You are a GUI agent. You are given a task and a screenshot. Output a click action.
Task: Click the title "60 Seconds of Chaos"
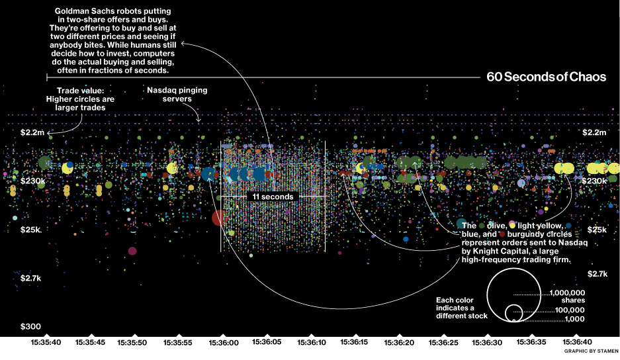(x=546, y=77)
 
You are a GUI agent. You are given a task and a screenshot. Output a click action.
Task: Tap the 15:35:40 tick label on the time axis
(x=46, y=343)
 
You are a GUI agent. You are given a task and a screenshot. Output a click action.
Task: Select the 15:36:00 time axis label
(x=222, y=343)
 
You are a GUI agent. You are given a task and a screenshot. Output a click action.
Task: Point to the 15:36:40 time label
(x=576, y=343)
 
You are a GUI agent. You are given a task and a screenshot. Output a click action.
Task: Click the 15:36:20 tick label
(x=399, y=343)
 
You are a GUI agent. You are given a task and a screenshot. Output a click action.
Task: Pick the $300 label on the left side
(x=30, y=326)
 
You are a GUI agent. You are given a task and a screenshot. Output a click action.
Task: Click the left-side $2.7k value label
(x=30, y=279)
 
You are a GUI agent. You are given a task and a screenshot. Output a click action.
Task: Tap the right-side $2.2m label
(x=594, y=132)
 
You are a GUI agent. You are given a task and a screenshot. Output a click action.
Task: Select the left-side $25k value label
(x=30, y=230)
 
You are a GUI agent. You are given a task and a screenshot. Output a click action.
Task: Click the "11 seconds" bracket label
(x=273, y=197)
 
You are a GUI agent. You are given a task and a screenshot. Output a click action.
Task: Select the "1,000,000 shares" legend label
(x=567, y=296)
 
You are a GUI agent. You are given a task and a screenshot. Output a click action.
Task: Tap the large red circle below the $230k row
(x=218, y=218)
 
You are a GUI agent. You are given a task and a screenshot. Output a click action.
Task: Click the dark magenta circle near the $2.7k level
(x=132, y=251)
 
